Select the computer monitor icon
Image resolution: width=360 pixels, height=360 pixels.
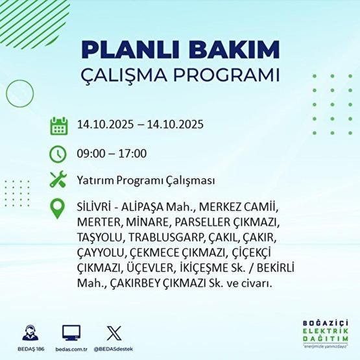pos(71,333)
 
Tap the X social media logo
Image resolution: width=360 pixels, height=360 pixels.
pos(113,333)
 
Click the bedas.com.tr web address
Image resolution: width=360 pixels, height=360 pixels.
pos(71,348)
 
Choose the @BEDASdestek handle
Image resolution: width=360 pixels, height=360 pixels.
pos(114,348)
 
